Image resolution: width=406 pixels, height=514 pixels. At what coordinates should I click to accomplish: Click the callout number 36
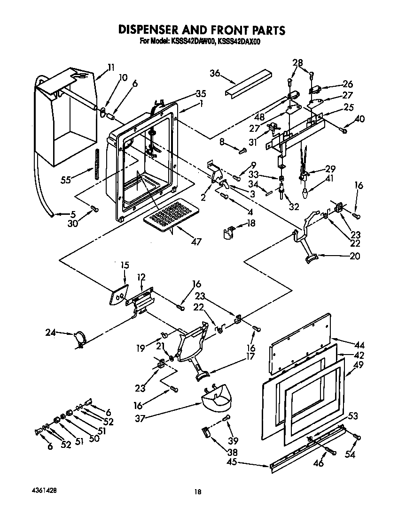point(215,73)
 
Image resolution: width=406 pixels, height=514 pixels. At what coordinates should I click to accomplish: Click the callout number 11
point(110,67)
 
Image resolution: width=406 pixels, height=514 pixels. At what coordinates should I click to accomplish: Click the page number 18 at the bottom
point(198,491)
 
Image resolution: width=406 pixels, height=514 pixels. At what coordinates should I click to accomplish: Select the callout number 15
point(124,265)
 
